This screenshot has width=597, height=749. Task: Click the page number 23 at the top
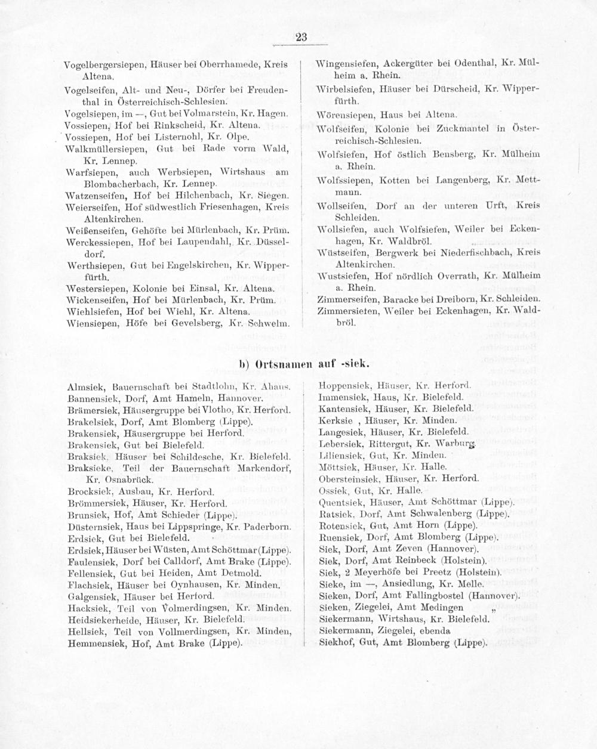pos(300,38)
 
